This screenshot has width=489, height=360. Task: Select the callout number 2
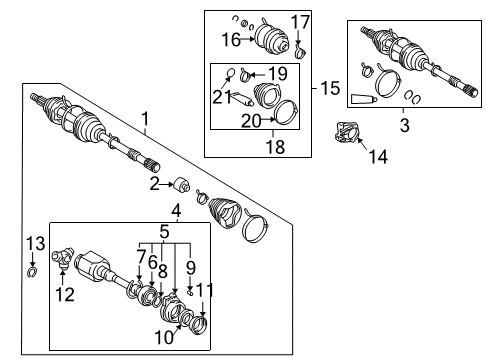click(x=155, y=183)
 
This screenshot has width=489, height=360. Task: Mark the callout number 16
click(x=231, y=41)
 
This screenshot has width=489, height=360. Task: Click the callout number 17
click(x=301, y=21)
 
